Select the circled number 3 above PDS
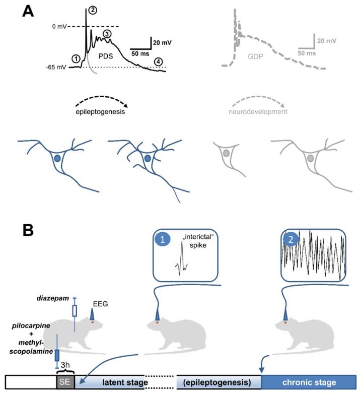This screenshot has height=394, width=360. coord(107,34)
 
